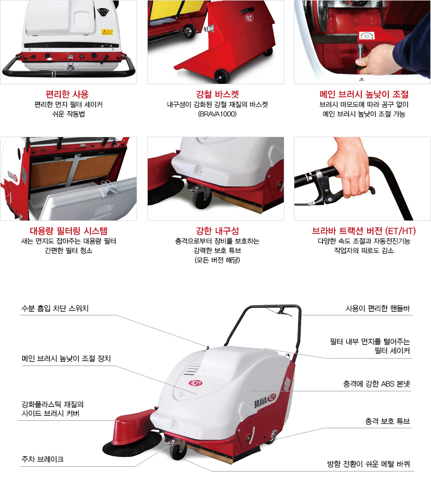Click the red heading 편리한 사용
(67, 94)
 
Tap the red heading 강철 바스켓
(217, 94)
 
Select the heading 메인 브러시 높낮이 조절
(364, 94)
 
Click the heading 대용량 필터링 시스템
(69, 230)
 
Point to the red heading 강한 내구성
(217, 230)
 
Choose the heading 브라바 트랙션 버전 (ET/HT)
(364, 230)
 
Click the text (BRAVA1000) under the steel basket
(217, 114)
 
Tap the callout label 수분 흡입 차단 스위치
(55, 309)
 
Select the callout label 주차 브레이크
(43, 459)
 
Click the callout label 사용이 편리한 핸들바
(378, 309)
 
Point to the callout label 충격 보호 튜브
(387, 421)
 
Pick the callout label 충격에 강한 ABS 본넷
(376, 384)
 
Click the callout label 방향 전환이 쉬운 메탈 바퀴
(368, 464)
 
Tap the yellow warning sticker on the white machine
(108, 32)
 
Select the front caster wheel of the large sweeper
(178, 451)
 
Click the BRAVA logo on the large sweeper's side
(265, 400)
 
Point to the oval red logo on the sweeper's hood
(195, 383)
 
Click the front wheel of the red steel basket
(222, 75)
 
